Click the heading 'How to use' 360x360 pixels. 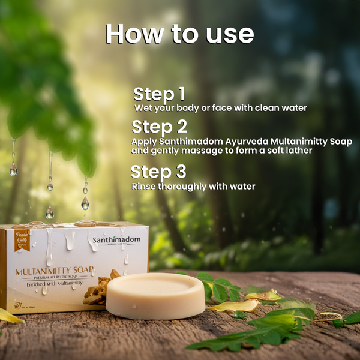click(x=180, y=34)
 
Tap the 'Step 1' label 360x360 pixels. click(x=159, y=94)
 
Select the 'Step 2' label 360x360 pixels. click(x=159, y=127)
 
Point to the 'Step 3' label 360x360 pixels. click(x=158, y=172)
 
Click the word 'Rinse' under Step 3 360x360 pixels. click(x=143, y=187)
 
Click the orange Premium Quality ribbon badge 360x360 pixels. click(x=22, y=238)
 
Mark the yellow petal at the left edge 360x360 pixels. click(x=9, y=316)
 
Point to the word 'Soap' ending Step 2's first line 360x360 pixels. click(x=340, y=142)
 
